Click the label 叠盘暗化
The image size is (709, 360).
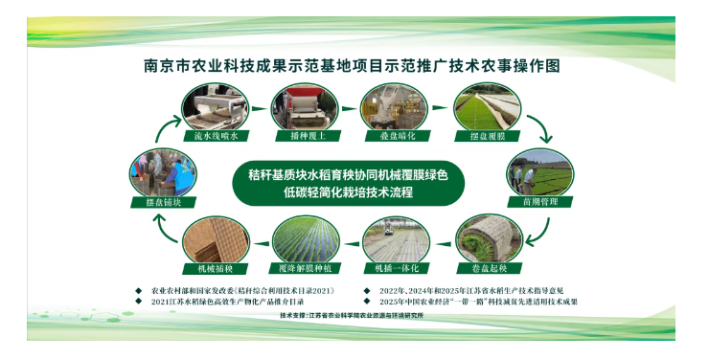390,136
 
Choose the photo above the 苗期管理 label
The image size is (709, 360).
538,172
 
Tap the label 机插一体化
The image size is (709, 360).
397,269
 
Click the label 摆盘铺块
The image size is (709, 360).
157,202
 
